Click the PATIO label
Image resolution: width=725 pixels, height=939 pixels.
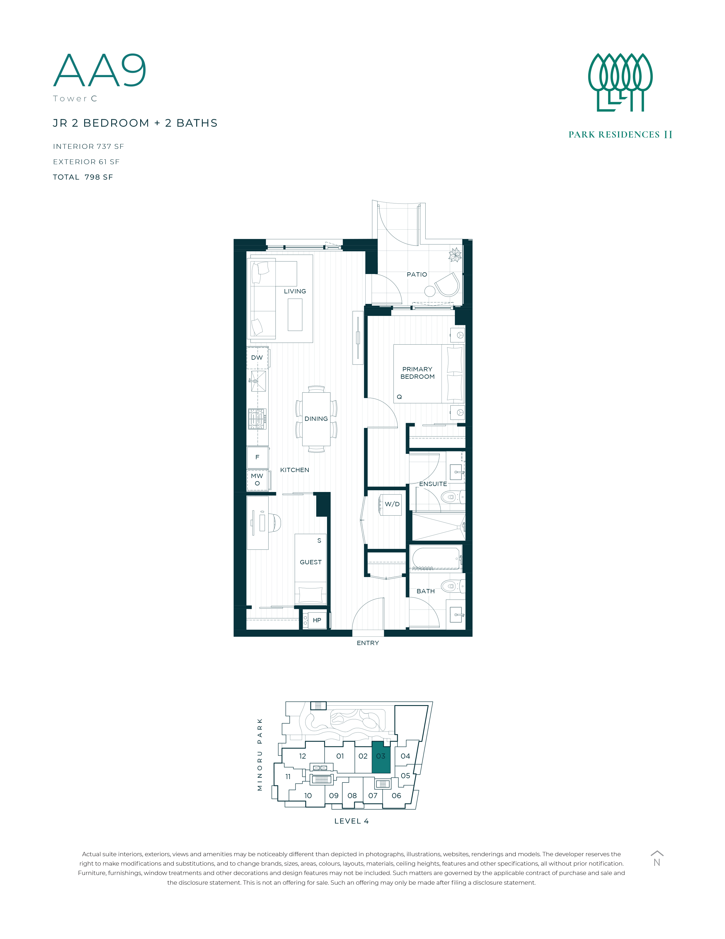(x=417, y=274)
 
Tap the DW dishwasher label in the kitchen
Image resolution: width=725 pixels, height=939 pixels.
(x=257, y=358)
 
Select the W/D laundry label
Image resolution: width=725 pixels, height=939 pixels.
(x=392, y=504)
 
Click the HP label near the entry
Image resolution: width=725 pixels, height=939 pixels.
(x=317, y=620)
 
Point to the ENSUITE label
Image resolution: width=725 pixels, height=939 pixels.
(x=433, y=484)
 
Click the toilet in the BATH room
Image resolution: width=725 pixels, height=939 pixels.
(x=453, y=586)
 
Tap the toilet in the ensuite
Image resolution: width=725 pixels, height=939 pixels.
(x=453, y=497)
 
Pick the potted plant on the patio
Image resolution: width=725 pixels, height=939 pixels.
(x=455, y=255)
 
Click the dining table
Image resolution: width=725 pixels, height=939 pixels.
(x=316, y=419)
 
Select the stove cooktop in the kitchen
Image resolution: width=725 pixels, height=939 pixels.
(x=257, y=419)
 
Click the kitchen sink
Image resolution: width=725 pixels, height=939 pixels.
(x=258, y=381)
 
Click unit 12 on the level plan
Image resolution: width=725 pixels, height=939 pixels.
(x=303, y=756)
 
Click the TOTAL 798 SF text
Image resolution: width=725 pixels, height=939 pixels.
(x=83, y=177)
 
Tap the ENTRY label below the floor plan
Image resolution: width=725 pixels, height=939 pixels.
(x=368, y=643)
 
